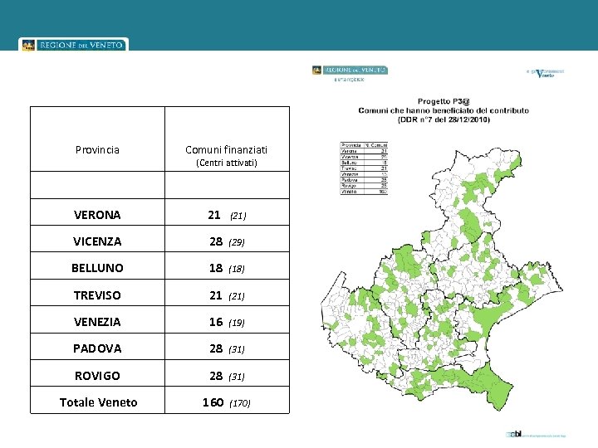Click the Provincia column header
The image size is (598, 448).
97,150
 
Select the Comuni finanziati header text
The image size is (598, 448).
226,150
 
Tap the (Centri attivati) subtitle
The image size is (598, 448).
226,163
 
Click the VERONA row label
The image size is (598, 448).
97,215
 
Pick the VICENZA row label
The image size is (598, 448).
97,241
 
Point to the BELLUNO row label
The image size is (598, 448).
97,268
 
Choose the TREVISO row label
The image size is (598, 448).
97,295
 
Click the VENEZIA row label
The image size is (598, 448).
97,322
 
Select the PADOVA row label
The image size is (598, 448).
97,348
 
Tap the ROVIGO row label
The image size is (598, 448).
97,376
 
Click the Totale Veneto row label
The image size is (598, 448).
98,402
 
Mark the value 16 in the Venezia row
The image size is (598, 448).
216,322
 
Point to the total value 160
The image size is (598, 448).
213,402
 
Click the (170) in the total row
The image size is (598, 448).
239,403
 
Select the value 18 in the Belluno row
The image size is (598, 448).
216,268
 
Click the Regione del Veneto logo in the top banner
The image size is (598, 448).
73,45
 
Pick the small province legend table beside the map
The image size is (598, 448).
364,168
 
